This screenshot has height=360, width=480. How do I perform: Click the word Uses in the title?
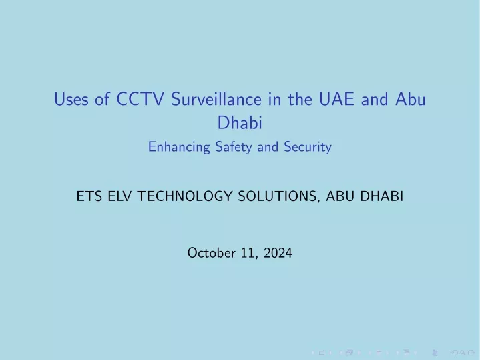click(71, 99)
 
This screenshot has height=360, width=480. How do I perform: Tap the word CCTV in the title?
click(140, 99)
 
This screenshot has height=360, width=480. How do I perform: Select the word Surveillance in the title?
click(216, 99)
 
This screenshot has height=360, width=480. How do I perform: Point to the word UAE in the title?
click(336, 99)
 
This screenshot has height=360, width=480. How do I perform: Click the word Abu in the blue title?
click(411, 99)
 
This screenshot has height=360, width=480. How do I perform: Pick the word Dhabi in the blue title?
click(240, 122)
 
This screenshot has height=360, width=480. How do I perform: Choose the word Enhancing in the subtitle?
click(179, 147)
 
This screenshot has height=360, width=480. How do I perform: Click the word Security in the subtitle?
click(307, 147)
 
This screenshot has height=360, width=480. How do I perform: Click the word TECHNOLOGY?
click(185, 196)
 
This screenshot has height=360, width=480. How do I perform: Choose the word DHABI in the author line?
click(381, 196)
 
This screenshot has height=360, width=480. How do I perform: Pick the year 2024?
click(278, 253)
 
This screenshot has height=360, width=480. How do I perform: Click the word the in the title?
click(300, 99)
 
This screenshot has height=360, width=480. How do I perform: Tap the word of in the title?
click(102, 99)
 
